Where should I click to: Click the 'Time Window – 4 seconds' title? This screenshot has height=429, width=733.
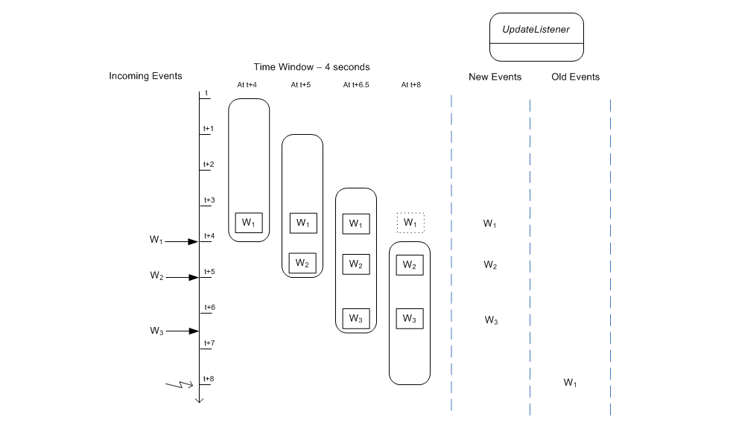click(311, 67)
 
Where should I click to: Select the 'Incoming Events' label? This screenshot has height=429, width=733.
click(145, 76)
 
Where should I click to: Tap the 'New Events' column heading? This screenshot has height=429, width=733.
click(495, 77)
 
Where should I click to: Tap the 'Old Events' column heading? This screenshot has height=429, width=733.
click(575, 77)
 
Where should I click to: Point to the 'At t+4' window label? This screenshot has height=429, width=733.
click(247, 85)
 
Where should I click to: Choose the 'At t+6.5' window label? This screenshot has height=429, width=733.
click(356, 85)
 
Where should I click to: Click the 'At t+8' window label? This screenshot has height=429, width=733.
click(410, 85)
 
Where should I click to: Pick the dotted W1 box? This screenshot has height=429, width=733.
click(410, 222)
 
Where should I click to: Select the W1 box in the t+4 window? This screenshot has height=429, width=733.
click(249, 223)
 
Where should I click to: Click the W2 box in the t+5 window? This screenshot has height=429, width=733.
click(302, 263)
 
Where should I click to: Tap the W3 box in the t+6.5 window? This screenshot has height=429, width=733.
click(356, 319)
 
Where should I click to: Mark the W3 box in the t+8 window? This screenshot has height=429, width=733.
click(410, 319)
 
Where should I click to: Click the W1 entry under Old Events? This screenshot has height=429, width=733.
click(571, 383)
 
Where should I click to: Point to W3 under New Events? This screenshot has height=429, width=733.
click(491, 320)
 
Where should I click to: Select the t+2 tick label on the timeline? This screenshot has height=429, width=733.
click(209, 164)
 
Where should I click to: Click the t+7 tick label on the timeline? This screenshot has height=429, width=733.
click(209, 343)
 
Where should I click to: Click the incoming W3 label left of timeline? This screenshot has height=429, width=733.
click(156, 331)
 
